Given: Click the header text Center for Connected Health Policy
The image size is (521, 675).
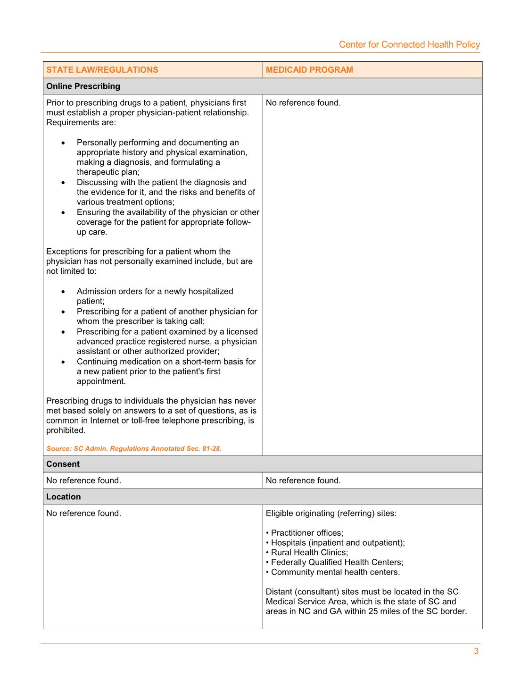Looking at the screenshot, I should click(x=409, y=44).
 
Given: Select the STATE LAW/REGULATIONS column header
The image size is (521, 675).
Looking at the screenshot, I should click(x=102, y=70).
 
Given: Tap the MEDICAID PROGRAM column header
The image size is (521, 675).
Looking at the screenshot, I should click(x=309, y=70).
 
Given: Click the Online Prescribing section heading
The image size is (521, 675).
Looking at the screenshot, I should click(x=83, y=86).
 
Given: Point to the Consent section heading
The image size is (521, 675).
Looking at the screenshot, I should click(x=63, y=464).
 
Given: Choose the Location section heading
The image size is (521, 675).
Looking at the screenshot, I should click(x=63, y=497).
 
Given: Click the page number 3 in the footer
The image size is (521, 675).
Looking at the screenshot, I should click(x=476, y=651).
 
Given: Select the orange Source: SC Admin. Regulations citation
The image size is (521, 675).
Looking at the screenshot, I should click(x=134, y=448).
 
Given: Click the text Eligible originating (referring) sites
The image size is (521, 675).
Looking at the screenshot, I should click(x=331, y=513).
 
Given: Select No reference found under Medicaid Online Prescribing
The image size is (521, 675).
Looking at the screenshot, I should click(x=303, y=103).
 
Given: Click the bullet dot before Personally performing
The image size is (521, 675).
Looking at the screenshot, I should click(x=63, y=143).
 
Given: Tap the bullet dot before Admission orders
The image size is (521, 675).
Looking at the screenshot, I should click(x=63, y=292).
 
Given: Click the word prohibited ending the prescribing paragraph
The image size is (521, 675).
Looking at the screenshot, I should click(x=65, y=430).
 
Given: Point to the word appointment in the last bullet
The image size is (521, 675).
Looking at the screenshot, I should click(x=100, y=381).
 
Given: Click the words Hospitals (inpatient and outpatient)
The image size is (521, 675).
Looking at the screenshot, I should click(x=337, y=543).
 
